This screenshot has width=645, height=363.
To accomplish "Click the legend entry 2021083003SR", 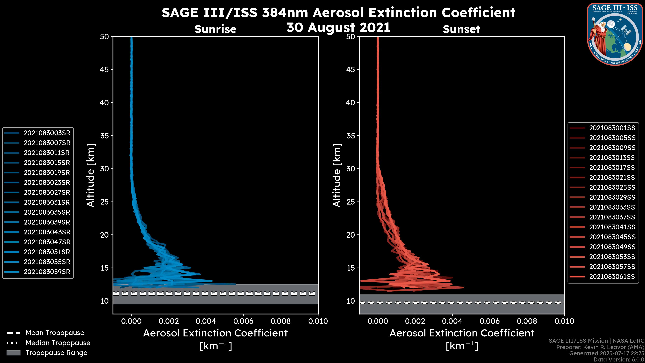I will (47, 133).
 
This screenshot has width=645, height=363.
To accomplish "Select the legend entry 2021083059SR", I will (47, 272).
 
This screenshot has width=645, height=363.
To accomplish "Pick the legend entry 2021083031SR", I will (47, 202).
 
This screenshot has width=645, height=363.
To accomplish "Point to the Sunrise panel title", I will (215, 29).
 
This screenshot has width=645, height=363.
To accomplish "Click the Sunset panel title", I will (461, 29).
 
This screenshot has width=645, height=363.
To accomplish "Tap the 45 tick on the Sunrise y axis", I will (104, 69).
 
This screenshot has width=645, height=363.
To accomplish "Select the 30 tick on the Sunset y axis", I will (351, 169).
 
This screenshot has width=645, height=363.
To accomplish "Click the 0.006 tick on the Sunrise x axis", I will (243, 321).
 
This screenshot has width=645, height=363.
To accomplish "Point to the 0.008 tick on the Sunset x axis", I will (527, 321).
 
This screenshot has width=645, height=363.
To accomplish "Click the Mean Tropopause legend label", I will (55, 333).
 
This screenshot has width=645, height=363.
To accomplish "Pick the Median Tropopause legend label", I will (58, 343).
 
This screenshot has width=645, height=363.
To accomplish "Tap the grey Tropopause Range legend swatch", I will (13, 353).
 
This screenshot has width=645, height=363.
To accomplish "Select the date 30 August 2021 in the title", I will (338, 28).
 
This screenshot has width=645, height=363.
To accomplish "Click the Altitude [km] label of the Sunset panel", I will (337, 175).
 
